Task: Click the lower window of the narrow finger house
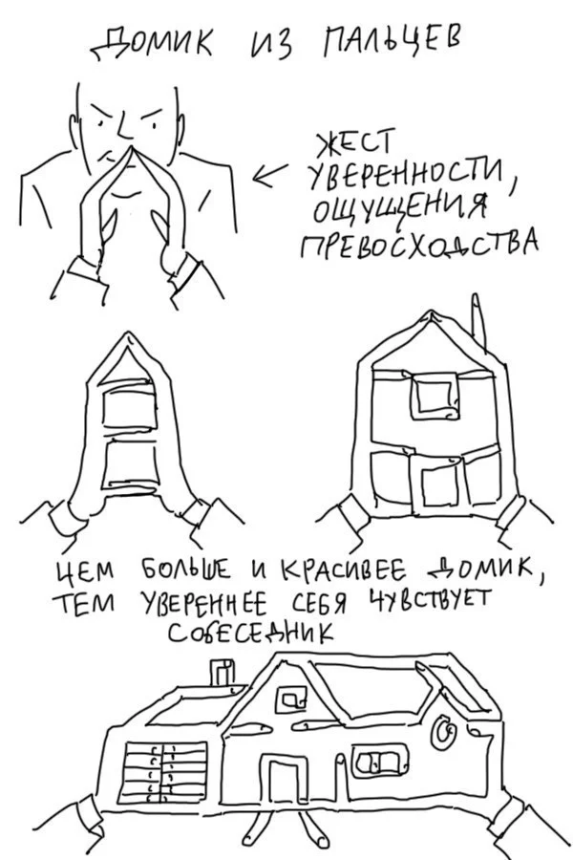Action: click(x=128, y=464)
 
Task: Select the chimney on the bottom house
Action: click(x=222, y=673)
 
